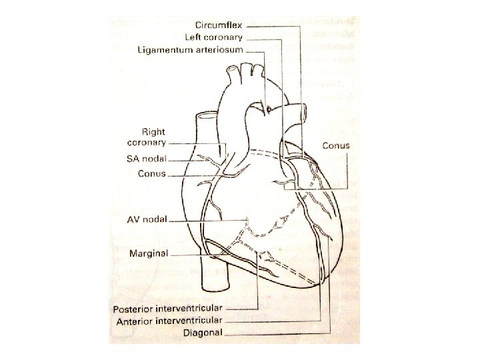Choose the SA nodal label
(146, 159)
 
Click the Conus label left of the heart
(151, 174)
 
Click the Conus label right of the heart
(336, 145)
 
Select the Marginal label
(148, 253)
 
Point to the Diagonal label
(204, 332)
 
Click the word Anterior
(136, 321)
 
